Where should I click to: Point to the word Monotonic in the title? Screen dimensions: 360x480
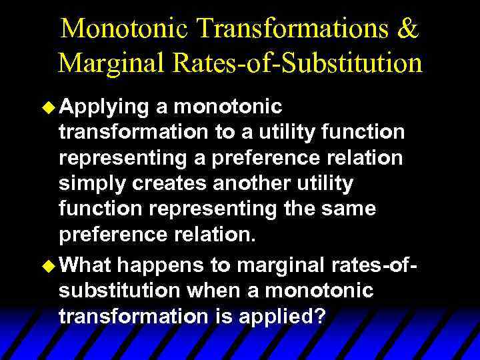point(125,29)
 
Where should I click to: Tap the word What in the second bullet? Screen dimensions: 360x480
point(87,265)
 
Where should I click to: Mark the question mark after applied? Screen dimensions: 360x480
point(319,317)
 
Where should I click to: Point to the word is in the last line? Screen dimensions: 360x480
point(224,317)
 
